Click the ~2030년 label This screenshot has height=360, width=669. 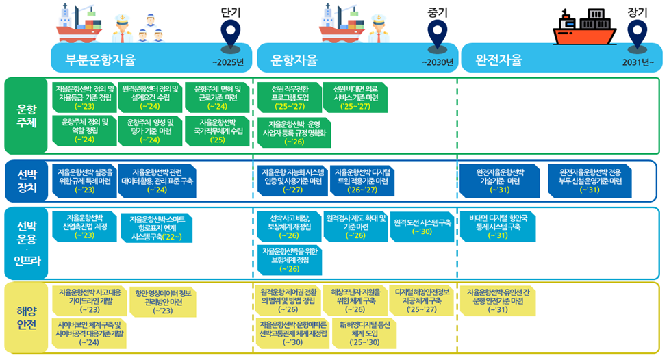438,63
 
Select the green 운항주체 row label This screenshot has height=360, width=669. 26,115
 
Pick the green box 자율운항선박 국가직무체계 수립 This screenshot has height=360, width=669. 218,131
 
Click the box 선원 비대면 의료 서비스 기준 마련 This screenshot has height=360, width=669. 355,97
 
